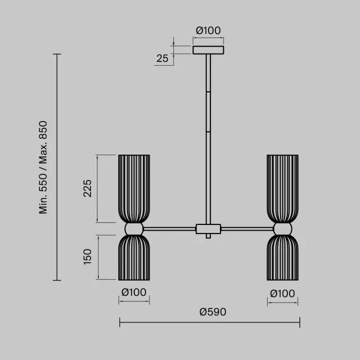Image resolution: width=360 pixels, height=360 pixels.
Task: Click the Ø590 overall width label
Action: tap(213, 312)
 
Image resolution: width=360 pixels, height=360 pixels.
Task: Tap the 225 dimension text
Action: tap(87, 188)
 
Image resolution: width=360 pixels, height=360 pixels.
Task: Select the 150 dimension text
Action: tap(87, 257)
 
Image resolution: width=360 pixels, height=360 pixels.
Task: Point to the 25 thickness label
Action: tap(163, 58)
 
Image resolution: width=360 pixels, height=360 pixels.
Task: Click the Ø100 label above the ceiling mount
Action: tap(208, 30)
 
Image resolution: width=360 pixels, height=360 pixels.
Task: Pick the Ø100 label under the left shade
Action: tap(134, 292)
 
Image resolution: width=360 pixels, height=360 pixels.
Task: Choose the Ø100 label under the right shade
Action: tap(282, 294)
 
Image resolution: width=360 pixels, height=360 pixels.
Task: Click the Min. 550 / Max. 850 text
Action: tap(43, 168)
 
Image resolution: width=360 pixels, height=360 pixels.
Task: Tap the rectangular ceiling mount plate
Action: tap(208, 50)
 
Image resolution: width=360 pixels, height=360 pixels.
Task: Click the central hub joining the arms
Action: tap(208, 229)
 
